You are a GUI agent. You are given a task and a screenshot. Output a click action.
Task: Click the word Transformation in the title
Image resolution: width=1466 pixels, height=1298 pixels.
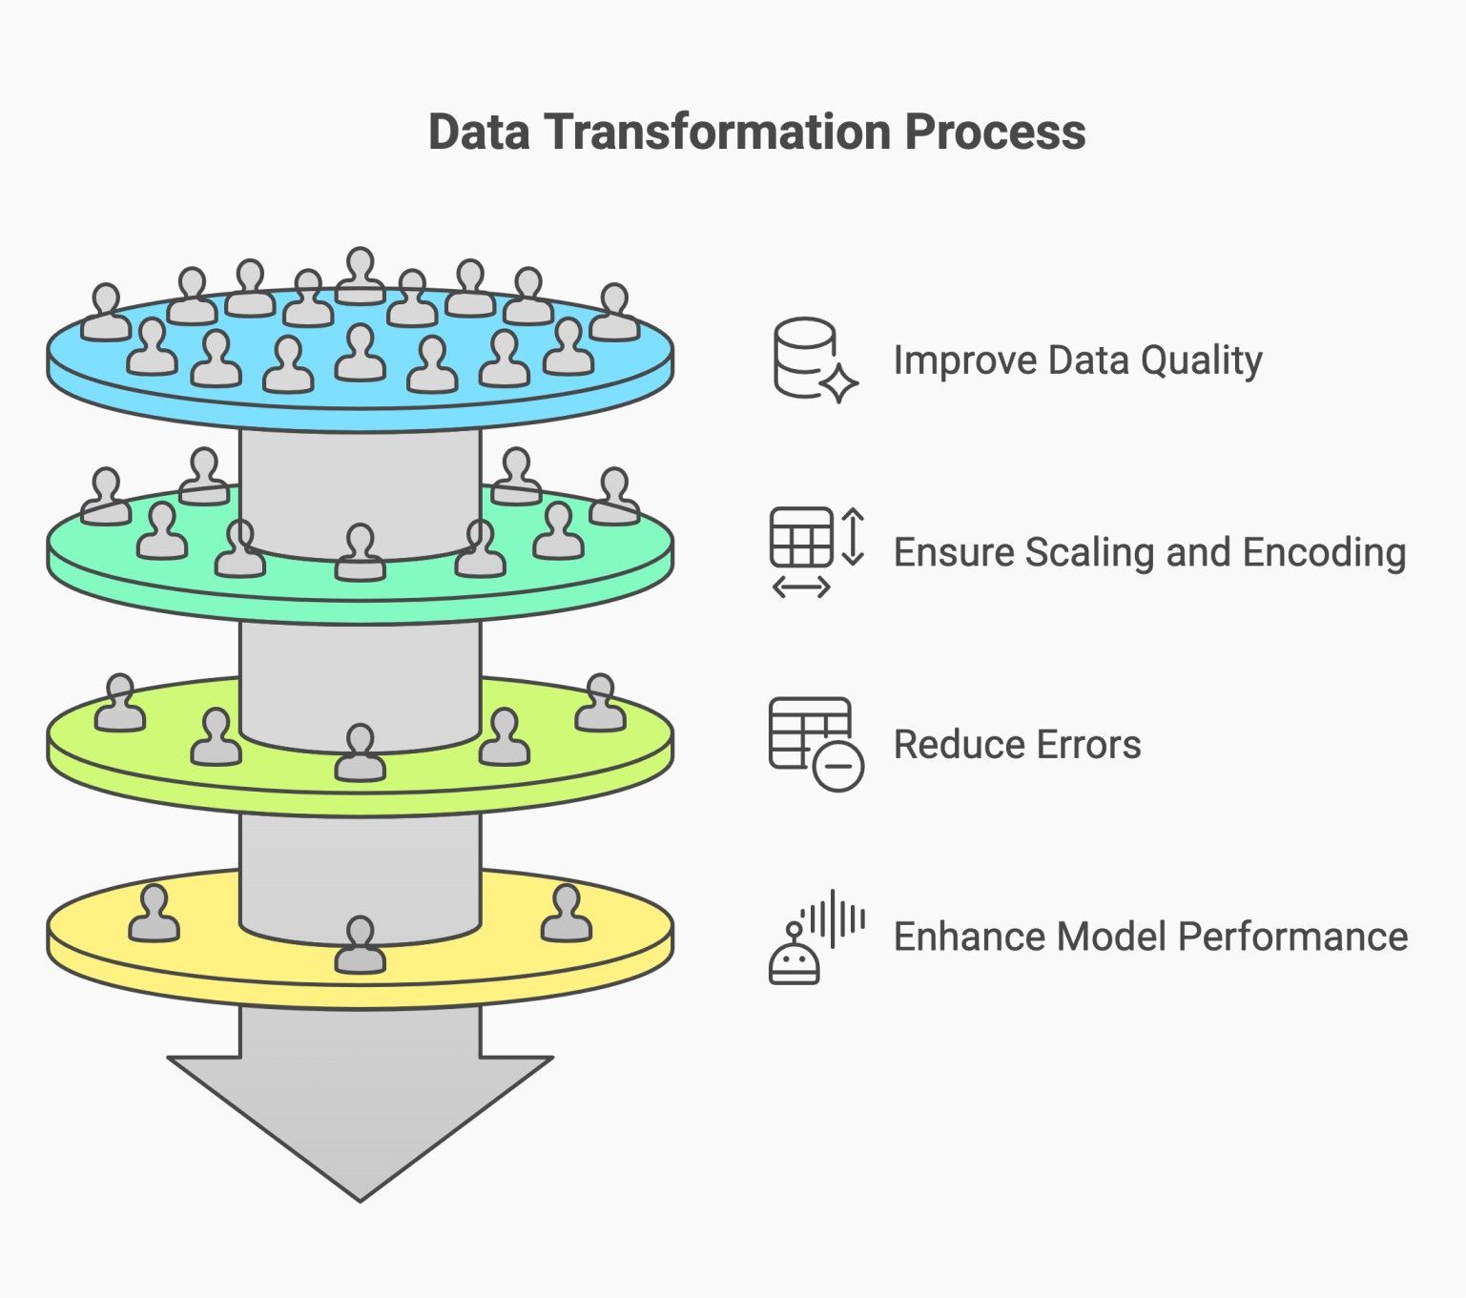pos(717,132)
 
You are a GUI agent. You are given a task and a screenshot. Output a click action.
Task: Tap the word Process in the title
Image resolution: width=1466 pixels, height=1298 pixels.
pos(996,132)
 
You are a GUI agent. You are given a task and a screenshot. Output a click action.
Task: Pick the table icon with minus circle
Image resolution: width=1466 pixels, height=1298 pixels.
pos(816,744)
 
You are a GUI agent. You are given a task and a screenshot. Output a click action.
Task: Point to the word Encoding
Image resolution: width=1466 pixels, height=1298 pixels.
pos(1324,553)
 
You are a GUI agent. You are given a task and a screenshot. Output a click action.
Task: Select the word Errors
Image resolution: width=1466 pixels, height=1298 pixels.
pos(1090,745)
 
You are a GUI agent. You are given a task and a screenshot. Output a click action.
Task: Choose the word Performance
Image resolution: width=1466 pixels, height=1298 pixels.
pos(1293,937)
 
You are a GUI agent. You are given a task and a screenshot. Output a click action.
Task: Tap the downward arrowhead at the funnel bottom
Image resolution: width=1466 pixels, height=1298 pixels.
pos(361,1128)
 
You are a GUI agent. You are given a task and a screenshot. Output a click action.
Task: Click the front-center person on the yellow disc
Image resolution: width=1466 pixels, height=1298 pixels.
pos(361,944)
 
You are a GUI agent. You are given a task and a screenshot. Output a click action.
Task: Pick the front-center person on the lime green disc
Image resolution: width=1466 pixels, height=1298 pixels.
pos(361,752)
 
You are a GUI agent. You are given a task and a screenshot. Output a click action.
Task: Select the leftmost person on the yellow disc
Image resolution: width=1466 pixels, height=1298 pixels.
pos(155,913)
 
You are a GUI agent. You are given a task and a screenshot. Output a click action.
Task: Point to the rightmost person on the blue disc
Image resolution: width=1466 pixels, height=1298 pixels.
pos(614,312)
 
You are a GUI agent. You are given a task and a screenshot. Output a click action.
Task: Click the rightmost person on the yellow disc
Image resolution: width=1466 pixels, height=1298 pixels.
pos(567,913)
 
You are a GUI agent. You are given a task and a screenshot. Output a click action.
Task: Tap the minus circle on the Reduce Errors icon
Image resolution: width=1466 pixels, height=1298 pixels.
pos(838,766)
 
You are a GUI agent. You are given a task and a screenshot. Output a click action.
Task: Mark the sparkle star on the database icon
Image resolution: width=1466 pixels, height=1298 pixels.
pos(839,383)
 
